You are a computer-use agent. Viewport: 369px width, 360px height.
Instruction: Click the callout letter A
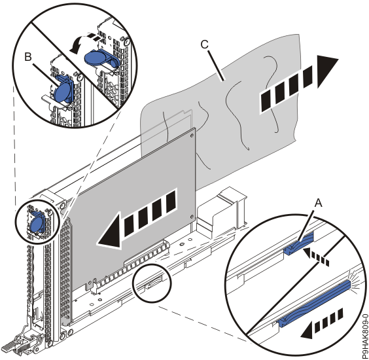coord(319,202)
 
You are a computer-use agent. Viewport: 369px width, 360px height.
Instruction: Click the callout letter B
coord(28,57)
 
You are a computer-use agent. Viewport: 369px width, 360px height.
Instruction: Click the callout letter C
coord(205,44)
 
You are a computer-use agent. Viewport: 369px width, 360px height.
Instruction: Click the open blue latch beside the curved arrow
coord(101,57)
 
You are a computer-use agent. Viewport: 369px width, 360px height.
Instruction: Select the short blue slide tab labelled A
coord(300,244)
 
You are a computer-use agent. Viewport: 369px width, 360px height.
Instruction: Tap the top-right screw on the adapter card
coord(192,135)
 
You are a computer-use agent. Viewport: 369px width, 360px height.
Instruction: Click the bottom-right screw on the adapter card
coord(192,216)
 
